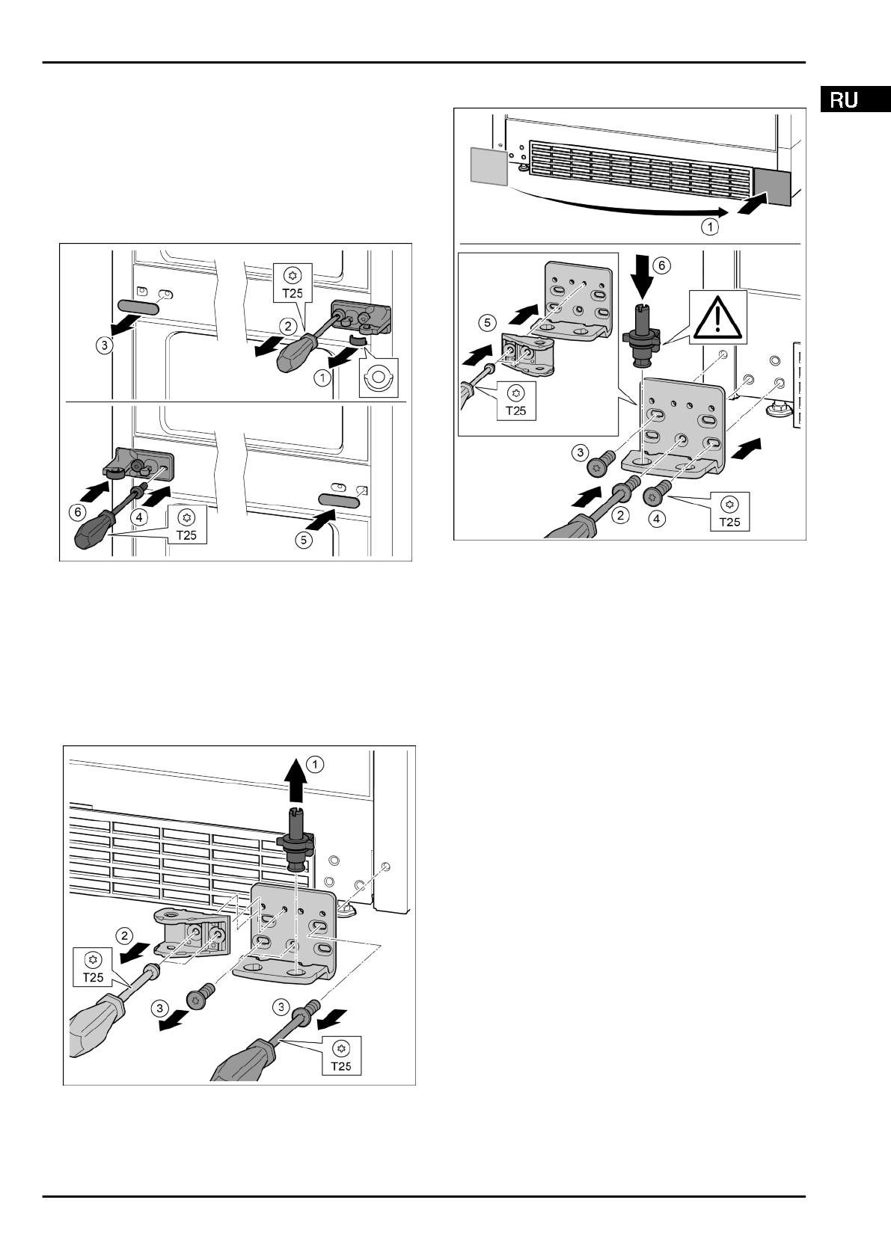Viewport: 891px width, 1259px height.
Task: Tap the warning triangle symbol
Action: (716, 318)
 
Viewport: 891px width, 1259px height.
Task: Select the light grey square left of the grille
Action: (488, 164)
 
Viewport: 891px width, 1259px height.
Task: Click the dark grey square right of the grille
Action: (771, 187)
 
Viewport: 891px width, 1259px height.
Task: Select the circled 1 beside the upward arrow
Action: (316, 764)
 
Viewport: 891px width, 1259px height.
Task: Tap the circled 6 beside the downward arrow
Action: (658, 264)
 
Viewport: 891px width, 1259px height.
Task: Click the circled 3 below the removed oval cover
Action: (106, 345)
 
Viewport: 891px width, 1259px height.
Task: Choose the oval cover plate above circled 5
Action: (341, 499)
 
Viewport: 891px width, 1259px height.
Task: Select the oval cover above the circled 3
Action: (137, 307)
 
